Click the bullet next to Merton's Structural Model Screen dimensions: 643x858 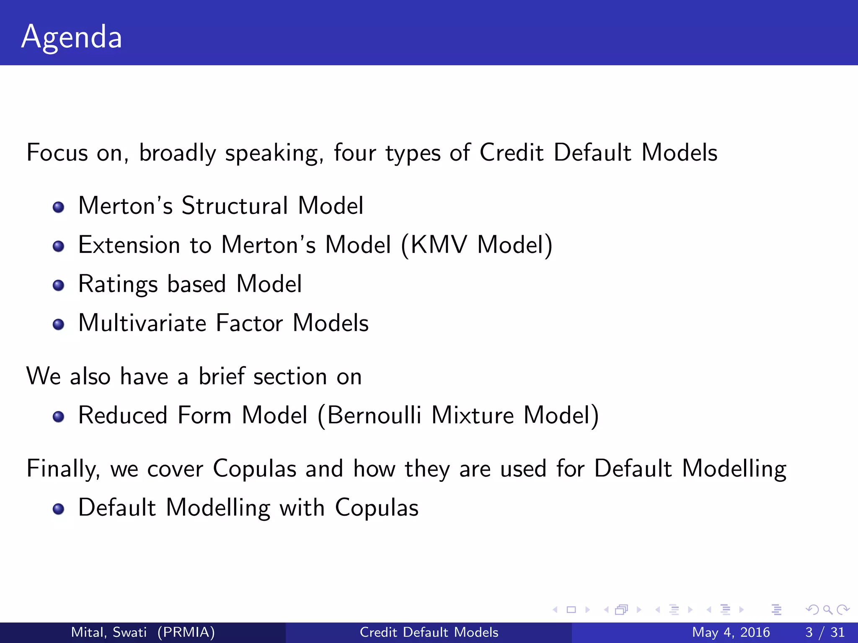tap(59, 207)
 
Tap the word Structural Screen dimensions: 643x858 tap(235, 206)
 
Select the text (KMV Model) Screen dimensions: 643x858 tap(477, 245)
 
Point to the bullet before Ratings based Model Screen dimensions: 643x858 tap(59, 285)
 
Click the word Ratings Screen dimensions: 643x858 tap(118, 285)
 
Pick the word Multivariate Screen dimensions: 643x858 tap(142, 324)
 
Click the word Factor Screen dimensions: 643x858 tap(249, 324)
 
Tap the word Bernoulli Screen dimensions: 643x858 tap(374, 416)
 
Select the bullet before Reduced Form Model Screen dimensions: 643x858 tap(59, 417)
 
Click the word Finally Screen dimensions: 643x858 tap(63, 469)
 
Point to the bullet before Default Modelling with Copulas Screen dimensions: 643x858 tap(59, 509)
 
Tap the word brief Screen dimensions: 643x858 tap(221, 376)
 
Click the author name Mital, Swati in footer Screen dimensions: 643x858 tap(109, 632)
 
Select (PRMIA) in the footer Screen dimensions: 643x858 tap(186, 632)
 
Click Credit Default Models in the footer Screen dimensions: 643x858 tap(429, 632)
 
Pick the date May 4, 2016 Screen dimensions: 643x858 tap(731, 632)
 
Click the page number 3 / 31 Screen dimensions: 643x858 tap(824, 632)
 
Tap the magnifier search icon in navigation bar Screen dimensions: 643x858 tap(827, 610)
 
